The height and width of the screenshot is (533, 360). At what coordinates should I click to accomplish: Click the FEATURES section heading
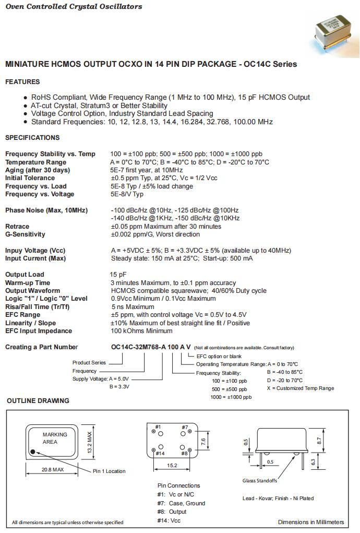[22, 82]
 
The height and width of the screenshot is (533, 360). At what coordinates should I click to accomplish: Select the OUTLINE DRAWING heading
[38, 401]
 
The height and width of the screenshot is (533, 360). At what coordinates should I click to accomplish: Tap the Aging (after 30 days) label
[38, 170]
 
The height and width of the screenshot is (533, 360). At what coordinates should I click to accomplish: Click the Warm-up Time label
[28, 283]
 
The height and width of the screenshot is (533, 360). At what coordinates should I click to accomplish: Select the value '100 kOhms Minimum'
[141, 331]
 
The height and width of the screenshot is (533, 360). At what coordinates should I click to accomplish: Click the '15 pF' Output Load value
[118, 275]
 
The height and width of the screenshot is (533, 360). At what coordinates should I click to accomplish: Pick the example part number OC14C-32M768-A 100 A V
[151, 347]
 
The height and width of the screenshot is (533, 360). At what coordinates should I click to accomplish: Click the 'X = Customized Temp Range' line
[300, 388]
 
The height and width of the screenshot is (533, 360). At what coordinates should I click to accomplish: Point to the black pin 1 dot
[33, 452]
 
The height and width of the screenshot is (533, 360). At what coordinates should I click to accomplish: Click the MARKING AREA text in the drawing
[55, 438]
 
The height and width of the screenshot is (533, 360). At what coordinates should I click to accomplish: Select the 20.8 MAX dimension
[52, 470]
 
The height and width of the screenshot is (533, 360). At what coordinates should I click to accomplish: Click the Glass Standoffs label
[260, 481]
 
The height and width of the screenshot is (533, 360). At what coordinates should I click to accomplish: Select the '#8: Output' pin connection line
[172, 512]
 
